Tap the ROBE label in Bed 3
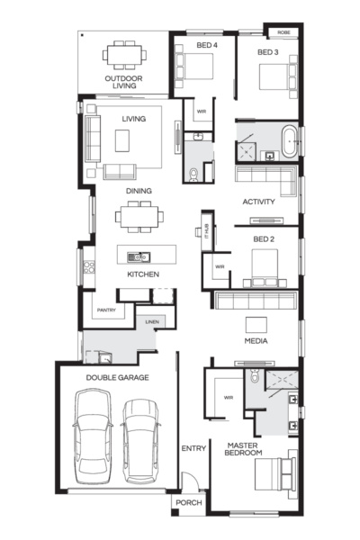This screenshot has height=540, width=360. (x=283, y=31)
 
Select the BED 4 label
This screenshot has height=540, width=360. (x=206, y=43)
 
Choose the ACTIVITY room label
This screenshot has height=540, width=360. (x=258, y=202)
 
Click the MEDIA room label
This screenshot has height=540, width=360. (x=256, y=342)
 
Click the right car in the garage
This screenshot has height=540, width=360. (x=141, y=438)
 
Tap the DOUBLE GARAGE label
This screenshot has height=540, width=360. (x=117, y=378)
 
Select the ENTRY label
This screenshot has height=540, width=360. (x=193, y=448)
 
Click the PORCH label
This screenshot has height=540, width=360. (x=189, y=502)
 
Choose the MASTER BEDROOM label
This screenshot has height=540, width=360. (x=245, y=448)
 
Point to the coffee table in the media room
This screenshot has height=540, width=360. (x=258, y=323)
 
